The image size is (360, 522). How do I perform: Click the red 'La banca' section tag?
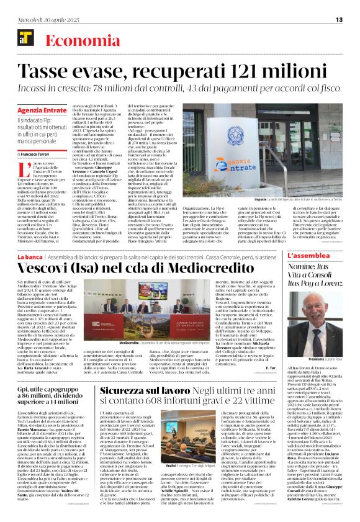30,256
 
